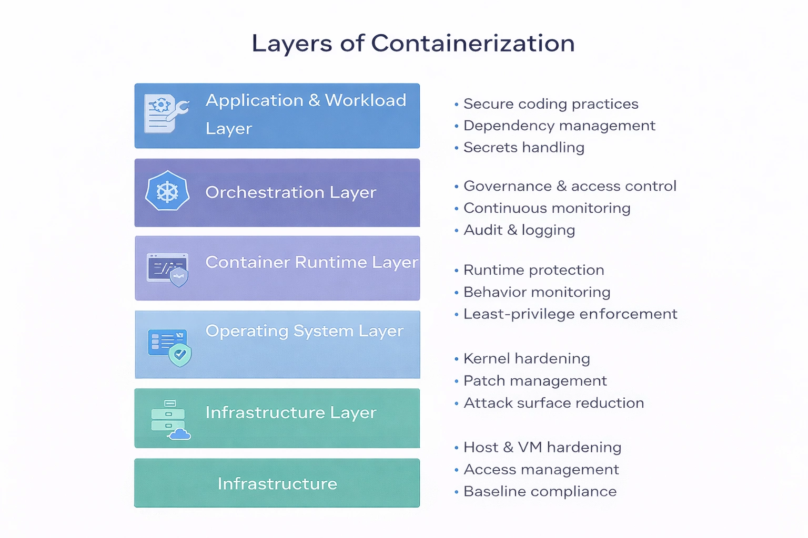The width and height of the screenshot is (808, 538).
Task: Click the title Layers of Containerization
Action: point(413,43)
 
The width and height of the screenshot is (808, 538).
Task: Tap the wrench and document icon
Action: point(166,113)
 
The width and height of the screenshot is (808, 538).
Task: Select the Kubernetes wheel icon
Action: point(167,192)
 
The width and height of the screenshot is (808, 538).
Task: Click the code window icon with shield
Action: point(168,270)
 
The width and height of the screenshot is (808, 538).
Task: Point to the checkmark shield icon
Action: point(180,355)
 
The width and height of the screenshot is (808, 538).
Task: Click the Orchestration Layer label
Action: point(290,192)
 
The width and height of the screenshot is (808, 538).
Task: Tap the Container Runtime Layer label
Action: point(311,262)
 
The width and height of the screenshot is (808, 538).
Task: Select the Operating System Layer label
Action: point(304,331)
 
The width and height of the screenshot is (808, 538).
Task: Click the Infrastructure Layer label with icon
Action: point(290,412)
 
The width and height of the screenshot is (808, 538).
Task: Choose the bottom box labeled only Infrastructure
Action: point(277,483)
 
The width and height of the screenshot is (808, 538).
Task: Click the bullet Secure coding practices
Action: point(550,104)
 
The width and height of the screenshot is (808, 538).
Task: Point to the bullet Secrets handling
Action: point(523,148)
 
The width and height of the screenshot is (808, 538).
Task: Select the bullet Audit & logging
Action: point(519,230)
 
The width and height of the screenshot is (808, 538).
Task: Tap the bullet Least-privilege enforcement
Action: point(570,314)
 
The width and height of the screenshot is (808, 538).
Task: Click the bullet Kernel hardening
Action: point(526,359)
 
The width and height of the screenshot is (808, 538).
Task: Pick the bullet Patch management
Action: point(534,381)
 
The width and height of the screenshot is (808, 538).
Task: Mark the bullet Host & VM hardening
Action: point(542,447)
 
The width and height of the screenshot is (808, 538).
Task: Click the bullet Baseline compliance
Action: point(540,492)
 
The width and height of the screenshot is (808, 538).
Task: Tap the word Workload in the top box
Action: point(365,100)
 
